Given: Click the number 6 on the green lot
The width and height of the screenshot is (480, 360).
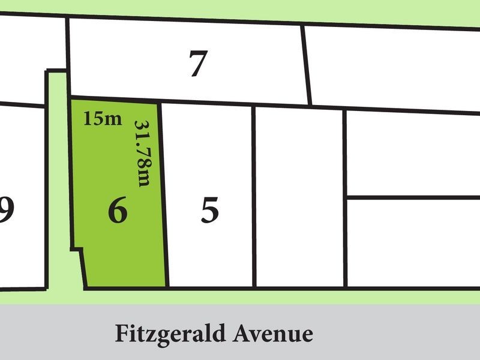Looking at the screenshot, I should point(118,211).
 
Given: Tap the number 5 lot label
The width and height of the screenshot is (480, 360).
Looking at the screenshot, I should point(209,211).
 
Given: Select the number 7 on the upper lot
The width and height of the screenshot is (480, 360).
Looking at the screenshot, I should point(197,64).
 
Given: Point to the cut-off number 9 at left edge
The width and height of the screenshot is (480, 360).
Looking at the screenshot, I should point(7,211).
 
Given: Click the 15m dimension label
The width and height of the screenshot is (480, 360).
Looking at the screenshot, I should point(103,118).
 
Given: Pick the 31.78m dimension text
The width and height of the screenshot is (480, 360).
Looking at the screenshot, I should point(142,154).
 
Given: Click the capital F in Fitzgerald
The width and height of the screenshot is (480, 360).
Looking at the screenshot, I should point(122,333).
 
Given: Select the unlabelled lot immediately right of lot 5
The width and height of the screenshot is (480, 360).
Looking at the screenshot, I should point(299,198).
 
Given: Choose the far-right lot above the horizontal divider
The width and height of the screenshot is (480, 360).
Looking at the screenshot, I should point(413,153).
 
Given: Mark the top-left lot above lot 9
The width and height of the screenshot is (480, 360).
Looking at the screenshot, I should point(30,60).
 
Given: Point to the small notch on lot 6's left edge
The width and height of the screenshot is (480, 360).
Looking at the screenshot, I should point(78,248).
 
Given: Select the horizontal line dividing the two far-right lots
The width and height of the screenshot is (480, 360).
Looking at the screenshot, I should point(413,197).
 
